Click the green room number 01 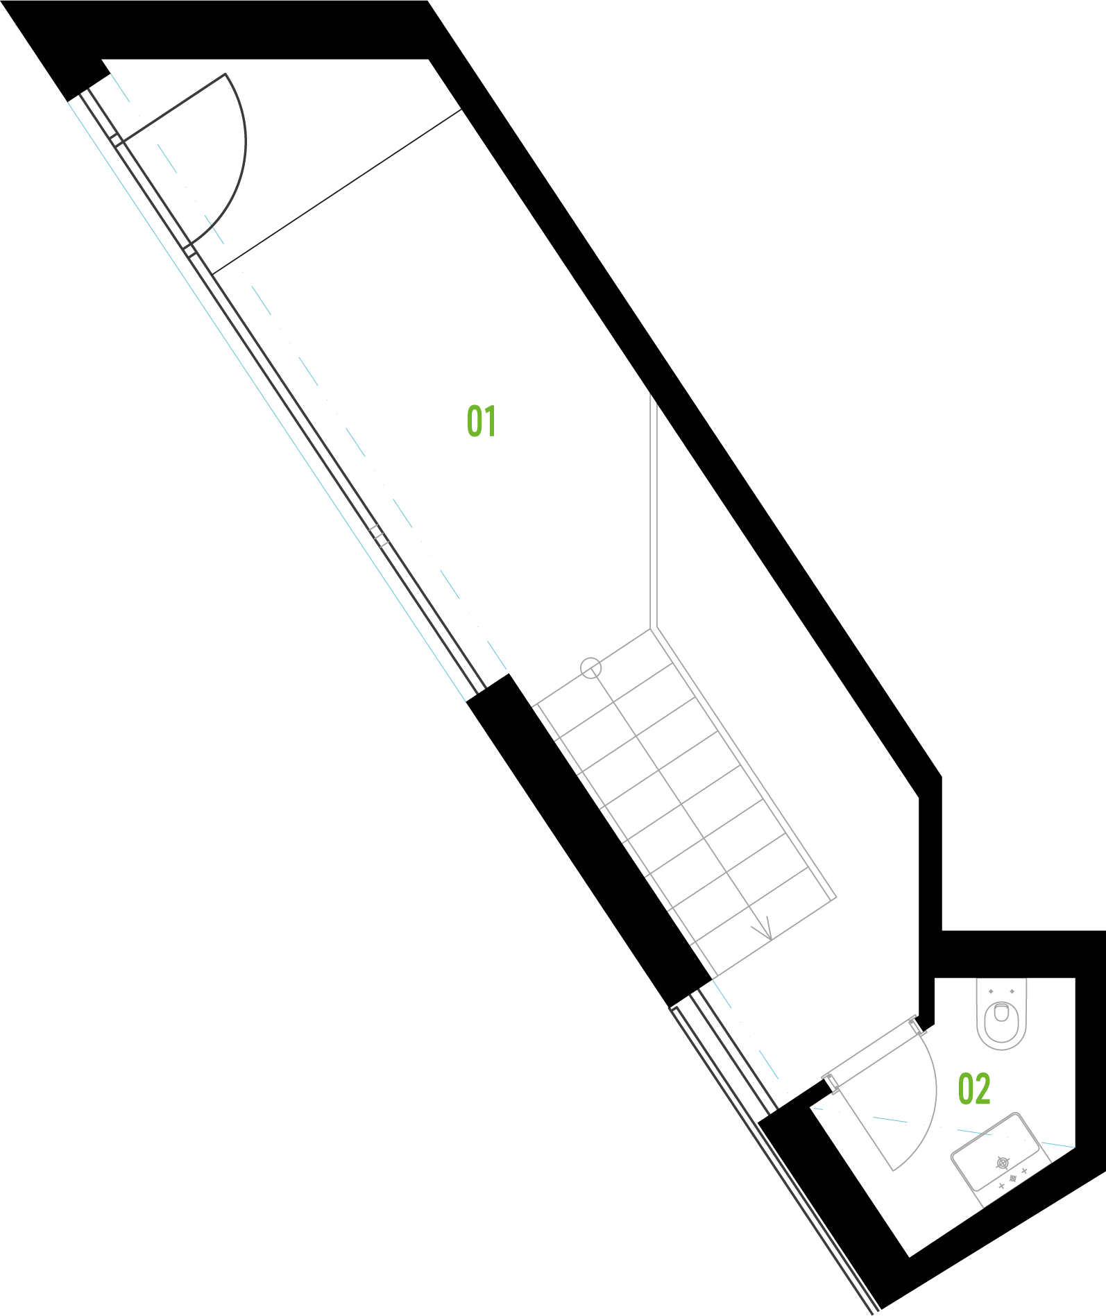click(x=482, y=421)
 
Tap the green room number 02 click(x=973, y=1089)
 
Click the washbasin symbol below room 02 click(x=1000, y=1159)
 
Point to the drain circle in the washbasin click(x=1003, y=1162)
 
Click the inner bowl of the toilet click(x=1001, y=1014)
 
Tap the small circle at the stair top click(x=590, y=668)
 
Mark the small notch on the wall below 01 click(x=379, y=536)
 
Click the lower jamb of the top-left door click(x=190, y=250)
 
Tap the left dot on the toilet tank click(x=991, y=991)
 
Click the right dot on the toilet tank click(x=1012, y=991)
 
